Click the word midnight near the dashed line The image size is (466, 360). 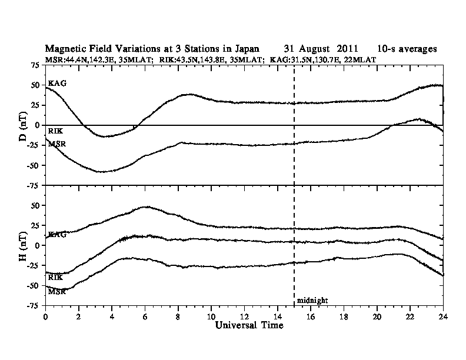[x=312, y=300]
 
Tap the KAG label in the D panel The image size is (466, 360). [x=57, y=83]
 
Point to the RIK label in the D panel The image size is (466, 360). [x=56, y=131]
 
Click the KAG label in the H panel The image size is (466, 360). [x=57, y=234]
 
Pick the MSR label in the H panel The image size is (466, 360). [x=57, y=291]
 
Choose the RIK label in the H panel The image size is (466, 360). [x=56, y=276]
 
